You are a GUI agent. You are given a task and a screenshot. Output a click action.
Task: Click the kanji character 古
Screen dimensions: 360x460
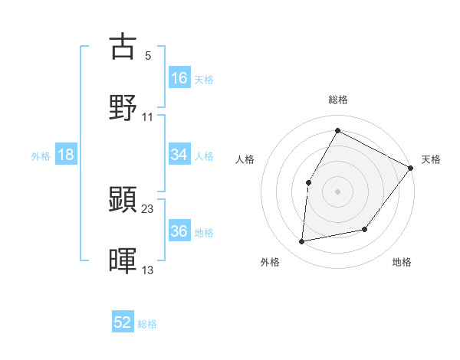pyautogui.click(x=123, y=46)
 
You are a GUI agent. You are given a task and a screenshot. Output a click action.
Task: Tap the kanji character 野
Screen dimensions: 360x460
pyautogui.click(x=123, y=107)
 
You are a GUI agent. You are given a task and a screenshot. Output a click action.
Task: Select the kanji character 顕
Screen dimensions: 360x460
pyautogui.click(x=123, y=199)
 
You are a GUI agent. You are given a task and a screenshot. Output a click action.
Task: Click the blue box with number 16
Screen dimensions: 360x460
pyautogui.click(x=179, y=77)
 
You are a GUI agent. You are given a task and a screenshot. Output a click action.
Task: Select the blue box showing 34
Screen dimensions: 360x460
pyautogui.click(x=179, y=155)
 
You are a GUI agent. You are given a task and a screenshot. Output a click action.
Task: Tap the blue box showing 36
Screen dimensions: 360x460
pyautogui.click(x=179, y=231)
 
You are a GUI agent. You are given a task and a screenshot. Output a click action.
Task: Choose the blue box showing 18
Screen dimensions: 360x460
pyautogui.click(x=66, y=155)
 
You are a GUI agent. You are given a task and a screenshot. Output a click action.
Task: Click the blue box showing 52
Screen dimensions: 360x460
pyautogui.click(x=123, y=322)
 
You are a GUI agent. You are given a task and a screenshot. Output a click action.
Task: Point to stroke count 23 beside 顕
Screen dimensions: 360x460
pyautogui.click(x=148, y=208)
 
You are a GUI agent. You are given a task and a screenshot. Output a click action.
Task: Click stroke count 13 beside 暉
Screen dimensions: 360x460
pyautogui.click(x=148, y=270)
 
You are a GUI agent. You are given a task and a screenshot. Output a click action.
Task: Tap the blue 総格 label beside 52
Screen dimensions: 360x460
pyautogui.click(x=147, y=324)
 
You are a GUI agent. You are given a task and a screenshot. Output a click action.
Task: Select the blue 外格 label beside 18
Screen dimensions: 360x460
pyautogui.click(x=41, y=155)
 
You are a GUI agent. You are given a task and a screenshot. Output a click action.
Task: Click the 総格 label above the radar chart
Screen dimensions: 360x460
pyautogui.click(x=338, y=100)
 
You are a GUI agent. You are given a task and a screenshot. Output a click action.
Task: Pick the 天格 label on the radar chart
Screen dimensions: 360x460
pyautogui.click(x=431, y=159)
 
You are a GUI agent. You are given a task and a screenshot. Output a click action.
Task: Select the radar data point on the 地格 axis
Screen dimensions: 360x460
pyautogui.click(x=365, y=229)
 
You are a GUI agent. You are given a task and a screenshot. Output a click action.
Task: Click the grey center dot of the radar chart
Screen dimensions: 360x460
pyautogui.click(x=337, y=191)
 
